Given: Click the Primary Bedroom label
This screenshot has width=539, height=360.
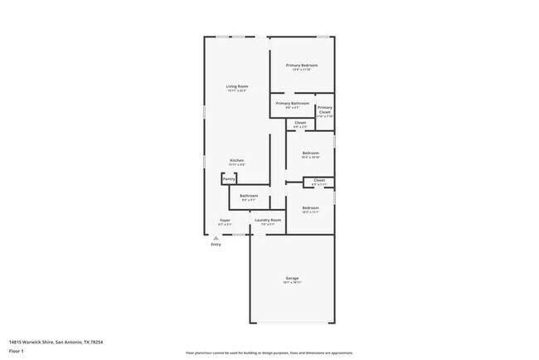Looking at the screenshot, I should [x=302, y=65].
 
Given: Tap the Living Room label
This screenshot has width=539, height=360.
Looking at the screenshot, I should [x=238, y=86].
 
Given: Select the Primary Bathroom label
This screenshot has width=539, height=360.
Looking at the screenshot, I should [x=293, y=104].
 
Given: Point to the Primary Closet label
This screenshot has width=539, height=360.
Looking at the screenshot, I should [x=325, y=109].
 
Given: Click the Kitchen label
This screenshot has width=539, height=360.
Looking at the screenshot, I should [x=236, y=160].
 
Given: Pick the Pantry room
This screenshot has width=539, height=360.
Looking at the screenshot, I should [x=229, y=178].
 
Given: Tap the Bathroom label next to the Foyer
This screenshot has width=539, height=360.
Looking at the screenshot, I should [x=249, y=196].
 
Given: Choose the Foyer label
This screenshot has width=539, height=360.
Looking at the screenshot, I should [x=224, y=220].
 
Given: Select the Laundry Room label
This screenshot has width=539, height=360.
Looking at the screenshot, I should [x=268, y=220].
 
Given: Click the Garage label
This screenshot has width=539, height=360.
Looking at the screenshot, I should [x=292, y=278].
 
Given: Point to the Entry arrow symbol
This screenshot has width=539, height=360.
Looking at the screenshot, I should [x=216, y=237].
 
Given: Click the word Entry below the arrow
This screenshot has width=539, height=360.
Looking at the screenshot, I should [x=216, y=245].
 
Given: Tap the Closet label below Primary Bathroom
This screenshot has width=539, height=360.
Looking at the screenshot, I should [x=300, y=123].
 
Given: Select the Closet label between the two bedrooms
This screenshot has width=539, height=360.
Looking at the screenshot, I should [x=318, y=180].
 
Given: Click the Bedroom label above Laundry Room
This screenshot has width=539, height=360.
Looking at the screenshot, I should [x=311, y=207].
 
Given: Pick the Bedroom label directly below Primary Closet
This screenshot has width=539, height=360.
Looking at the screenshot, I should [x=311, y=153].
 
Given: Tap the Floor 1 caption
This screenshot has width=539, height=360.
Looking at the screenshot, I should [x=17, y=351].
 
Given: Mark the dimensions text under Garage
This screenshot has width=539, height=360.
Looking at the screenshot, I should [x=292, y=283].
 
